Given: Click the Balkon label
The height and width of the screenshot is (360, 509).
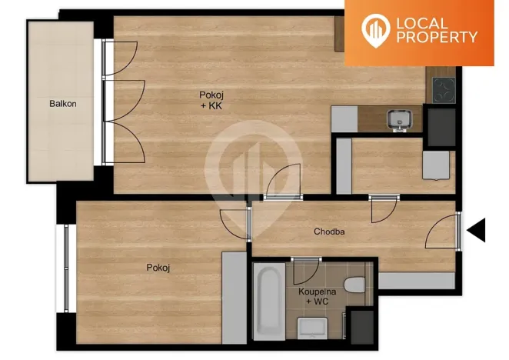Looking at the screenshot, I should (63, 104).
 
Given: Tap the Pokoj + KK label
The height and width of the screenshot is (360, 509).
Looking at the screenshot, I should (211, 100).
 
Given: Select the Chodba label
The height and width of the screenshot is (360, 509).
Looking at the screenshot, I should (329, 232).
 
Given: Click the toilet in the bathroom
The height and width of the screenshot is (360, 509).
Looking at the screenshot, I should (354, 285).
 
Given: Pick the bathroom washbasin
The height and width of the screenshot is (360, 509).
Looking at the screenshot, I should (313, 329).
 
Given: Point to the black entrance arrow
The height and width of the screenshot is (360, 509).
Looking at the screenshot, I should (477, 229).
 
